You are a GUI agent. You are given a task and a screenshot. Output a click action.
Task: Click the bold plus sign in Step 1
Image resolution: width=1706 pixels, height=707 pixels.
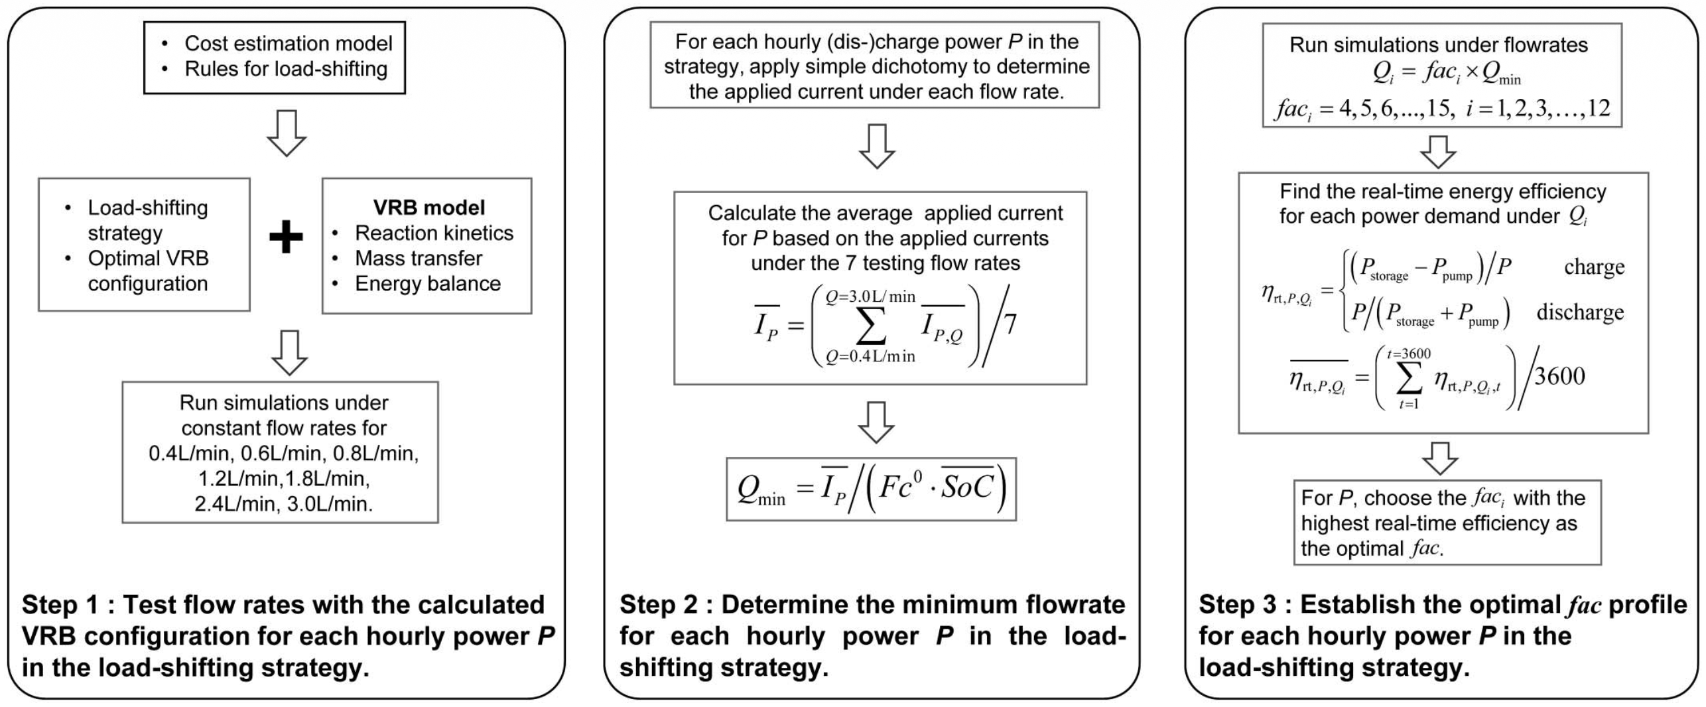(286, 237)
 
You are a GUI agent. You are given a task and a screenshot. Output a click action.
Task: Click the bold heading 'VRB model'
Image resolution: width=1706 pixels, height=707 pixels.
(429, 208)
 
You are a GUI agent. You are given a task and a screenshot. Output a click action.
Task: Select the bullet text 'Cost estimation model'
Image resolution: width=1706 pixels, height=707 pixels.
(288, 44)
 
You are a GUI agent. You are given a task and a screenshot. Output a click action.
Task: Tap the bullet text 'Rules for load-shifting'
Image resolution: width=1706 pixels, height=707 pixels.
(286, 69)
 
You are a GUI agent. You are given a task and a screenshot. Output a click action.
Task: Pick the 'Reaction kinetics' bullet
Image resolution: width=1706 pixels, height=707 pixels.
(434, 233)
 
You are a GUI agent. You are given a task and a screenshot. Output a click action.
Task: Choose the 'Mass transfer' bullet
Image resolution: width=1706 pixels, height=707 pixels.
(419, 258)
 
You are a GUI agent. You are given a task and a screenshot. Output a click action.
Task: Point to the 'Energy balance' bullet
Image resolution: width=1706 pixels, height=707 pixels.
(428, 283)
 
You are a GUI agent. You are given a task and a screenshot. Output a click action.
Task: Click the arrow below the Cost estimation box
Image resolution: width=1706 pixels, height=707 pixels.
(287, 133)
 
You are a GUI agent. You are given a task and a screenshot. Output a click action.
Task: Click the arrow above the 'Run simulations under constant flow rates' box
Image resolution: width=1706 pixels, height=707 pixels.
(290, 352)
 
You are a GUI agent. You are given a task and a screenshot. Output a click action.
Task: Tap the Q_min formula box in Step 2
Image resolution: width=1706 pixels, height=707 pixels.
(871, 489)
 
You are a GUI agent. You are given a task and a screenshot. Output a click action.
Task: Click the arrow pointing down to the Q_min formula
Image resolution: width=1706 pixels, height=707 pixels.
(876, 422)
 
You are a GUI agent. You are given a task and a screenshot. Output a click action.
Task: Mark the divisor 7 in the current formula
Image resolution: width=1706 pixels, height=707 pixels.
(1010, 324)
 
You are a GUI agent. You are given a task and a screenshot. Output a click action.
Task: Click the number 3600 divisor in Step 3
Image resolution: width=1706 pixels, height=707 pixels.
(1559, 376)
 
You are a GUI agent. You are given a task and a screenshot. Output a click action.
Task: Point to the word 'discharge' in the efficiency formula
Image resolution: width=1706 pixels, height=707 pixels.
(1580, 312)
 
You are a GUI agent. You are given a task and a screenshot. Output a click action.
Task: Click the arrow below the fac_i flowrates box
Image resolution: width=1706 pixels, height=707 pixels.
(1438, 152)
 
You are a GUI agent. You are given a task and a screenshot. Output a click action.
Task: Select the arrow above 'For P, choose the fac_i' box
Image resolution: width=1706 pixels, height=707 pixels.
(1440, 458)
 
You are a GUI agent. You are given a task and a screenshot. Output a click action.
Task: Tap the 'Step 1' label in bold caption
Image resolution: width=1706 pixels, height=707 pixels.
(60, 605)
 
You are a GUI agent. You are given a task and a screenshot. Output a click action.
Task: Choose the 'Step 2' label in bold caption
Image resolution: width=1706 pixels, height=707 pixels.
(658, 605)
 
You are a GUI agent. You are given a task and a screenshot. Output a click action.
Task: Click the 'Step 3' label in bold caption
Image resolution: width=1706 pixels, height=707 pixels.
(1237, 605)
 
